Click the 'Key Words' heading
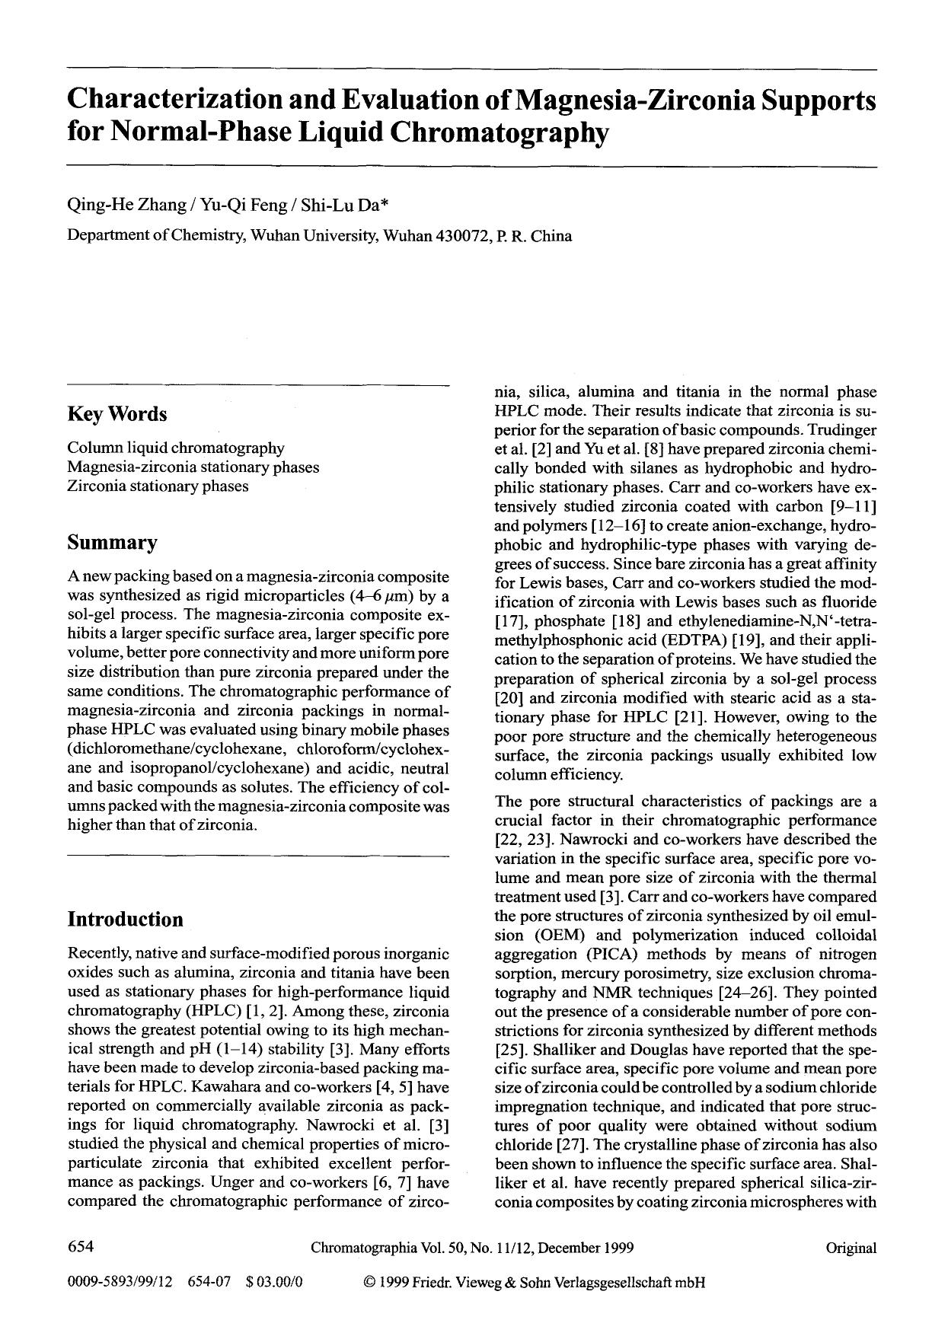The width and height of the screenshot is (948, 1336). pyautogui.click(x=117, y=415)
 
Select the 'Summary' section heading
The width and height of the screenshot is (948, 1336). pyautogui.click(x=112, y=543)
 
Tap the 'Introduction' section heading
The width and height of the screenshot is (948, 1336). pyautogui.click(x=125, y=920)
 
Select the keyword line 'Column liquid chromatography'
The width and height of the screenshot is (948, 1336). pyautogui.click(x=176, y=448)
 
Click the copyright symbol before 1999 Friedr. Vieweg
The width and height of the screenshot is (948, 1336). pyautogui.click(x=370, y=1282)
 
